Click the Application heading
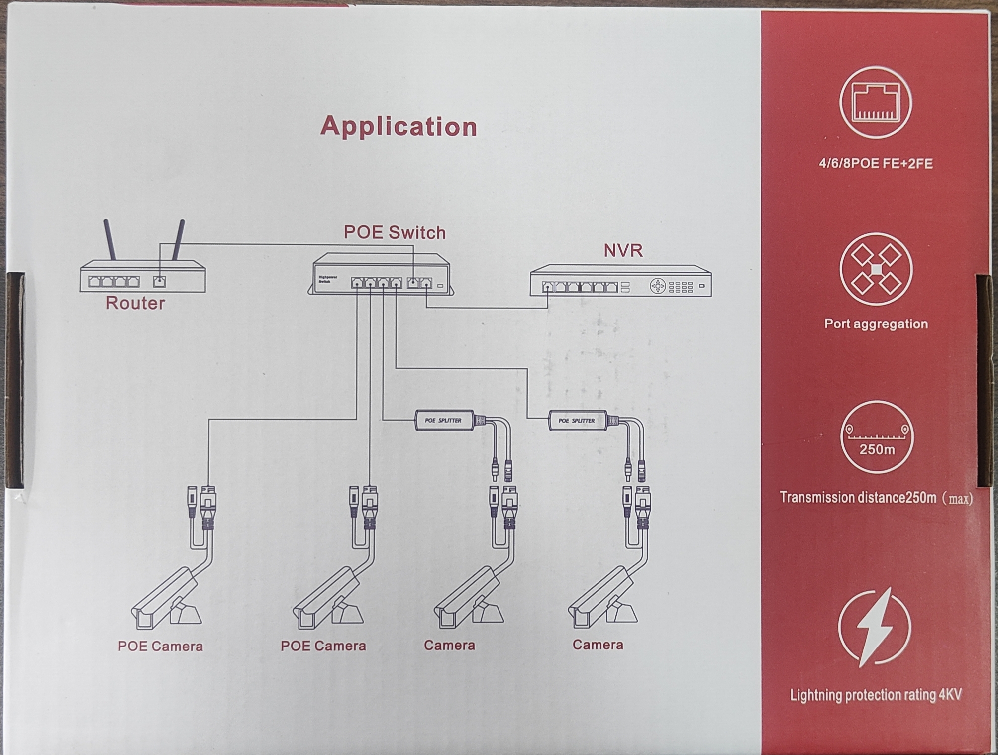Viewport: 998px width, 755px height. tap(399, 127)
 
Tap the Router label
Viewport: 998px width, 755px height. tap(135, 303)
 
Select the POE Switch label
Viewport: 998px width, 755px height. tap(395, 233)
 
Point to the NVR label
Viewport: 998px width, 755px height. tap(623, 250)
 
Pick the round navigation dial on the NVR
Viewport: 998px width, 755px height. tap(657, 286)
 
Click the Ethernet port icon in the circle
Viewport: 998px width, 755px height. tap(875, 103)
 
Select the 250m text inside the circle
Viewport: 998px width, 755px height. tap(877, 450)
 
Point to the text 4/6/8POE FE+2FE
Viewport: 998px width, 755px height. tap(876, 164)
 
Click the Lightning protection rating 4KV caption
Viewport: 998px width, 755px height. tap(876, 695)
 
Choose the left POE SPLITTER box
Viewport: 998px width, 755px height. tap(443, 421)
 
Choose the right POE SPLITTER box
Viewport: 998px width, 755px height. tap(577, 421)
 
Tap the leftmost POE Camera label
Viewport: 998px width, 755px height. tap(160, 646)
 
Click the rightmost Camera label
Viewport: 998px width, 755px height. tap(598, 645)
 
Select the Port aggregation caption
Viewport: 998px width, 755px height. tap(876, 324)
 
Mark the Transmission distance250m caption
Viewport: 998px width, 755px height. tap(876, 498)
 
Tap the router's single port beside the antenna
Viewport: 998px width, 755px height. tap(159, 282)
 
